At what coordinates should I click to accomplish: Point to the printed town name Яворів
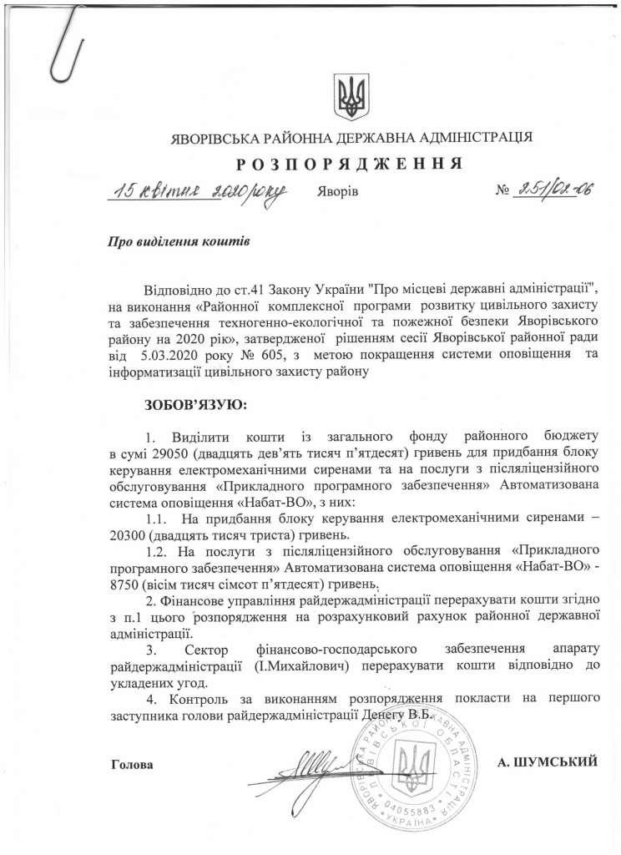click(337, 192)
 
